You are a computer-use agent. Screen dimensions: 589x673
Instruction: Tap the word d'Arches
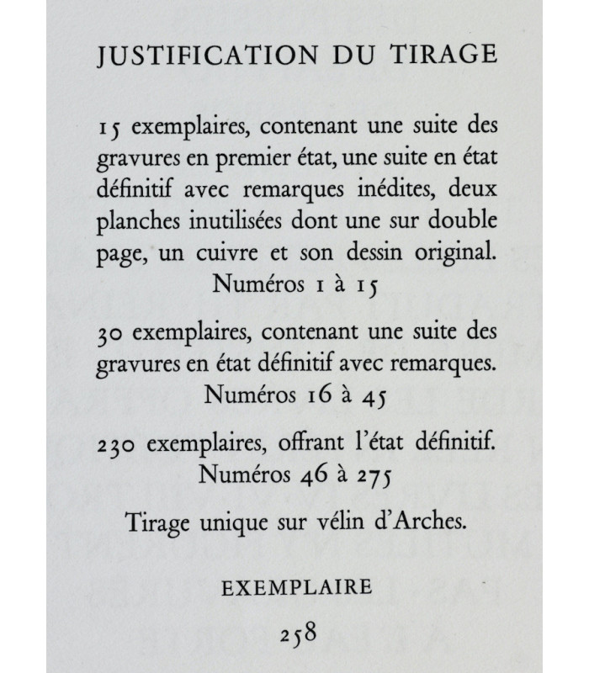click(422, 522)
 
